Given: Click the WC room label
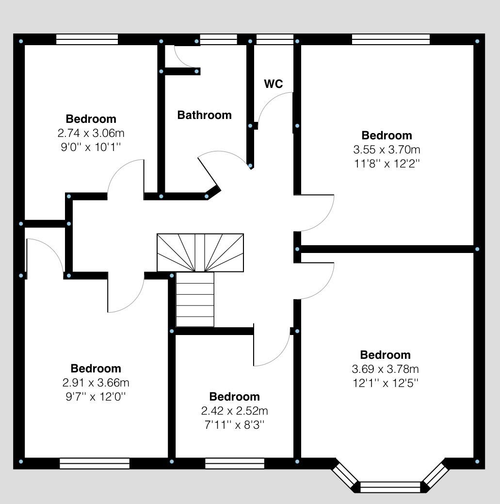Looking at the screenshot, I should point(273,84).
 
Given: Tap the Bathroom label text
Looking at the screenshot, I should point(204,115).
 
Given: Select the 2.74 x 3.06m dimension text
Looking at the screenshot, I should point(91,133).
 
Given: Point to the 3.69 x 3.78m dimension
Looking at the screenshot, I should point(385,369).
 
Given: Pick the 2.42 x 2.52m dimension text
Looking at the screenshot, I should point(234,411).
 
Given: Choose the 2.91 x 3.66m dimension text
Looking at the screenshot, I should point(96,382).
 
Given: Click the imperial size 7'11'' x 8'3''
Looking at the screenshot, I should point(234,425).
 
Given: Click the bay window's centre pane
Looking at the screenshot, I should point(390,487).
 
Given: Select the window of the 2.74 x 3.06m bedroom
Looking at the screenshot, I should point(87,39).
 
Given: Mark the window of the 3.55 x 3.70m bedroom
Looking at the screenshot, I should point(390,39).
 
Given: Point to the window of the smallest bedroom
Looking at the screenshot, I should point(235,464).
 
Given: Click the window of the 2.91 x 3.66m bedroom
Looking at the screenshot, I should point(95,464).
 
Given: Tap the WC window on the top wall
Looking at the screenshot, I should point(274,39).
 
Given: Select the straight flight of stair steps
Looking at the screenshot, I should point(194,299).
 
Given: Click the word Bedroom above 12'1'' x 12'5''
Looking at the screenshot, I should point(385,354).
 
